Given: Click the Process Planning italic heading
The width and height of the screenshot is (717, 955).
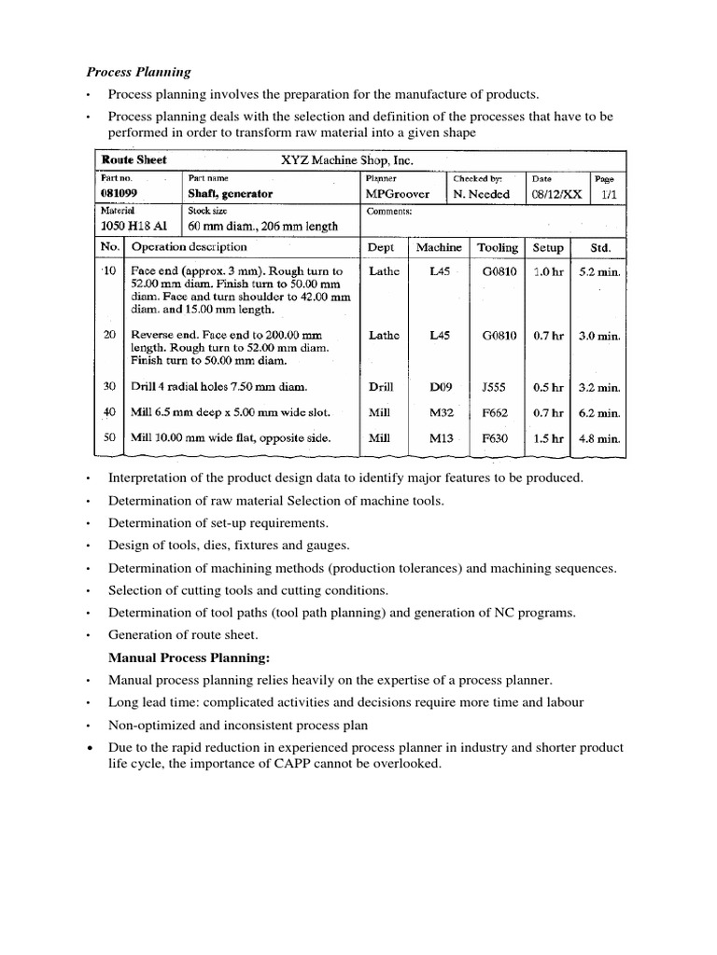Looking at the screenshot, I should pyautogui.click(x=139, y=71).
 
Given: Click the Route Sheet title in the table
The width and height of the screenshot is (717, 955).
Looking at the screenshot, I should pyautogui.click(x=134, y=159).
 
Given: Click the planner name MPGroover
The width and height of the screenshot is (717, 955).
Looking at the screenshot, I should pyautogui.click(x=399, y=194).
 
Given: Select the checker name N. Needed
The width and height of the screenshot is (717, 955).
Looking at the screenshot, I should pyautogui.click(x=482, y=194).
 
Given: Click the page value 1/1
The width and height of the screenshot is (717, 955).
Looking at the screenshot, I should pyautogui.click(x=609, y=194).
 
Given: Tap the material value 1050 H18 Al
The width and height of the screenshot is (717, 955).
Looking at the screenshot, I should pyautogui.click(x=136, y=226).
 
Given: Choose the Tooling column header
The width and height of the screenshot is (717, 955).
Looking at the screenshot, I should pyautogui.click(x=498, y=248).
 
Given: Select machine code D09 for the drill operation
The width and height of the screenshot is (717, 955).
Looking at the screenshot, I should pyautogui.click(x=441, y=386).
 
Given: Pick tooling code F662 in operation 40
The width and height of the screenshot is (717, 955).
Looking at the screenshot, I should pyautogui.click(x=497, y=412).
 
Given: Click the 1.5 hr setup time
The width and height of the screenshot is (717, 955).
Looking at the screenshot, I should pyautogui.click(x=547, y=437).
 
